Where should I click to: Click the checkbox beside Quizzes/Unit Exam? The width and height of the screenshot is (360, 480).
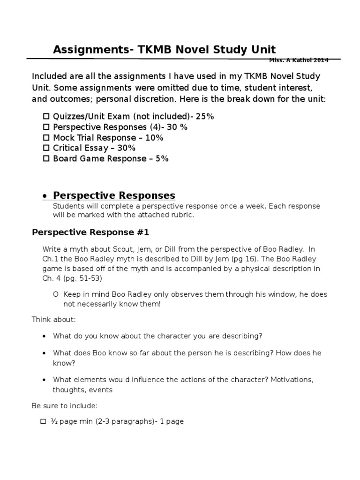[46, 117]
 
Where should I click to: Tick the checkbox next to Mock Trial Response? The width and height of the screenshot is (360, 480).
[46, 138]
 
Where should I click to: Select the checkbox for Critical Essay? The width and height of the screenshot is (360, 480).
[46, 148]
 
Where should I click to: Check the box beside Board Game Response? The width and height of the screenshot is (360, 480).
[46, 158]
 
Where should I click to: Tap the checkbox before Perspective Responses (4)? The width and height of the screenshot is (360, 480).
[46, 127]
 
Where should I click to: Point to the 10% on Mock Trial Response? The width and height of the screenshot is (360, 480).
[154, 138]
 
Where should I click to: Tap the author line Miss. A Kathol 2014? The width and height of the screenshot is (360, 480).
[299, 60]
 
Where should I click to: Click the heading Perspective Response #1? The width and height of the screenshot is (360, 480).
[90, 232]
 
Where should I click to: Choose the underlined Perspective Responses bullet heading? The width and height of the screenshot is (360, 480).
[114, 195]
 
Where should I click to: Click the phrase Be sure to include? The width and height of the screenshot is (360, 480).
[64, 405]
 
